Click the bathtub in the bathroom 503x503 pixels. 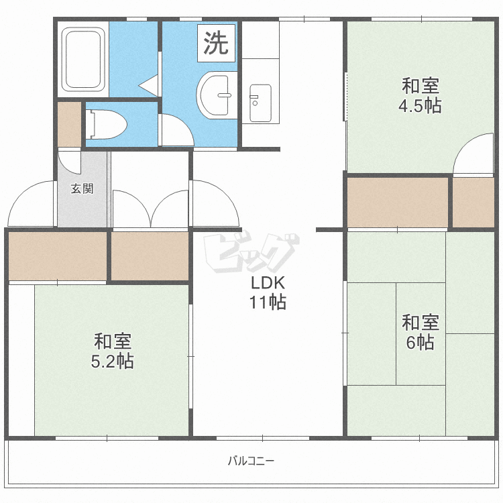(83, 59)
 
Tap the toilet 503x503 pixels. (106, 125)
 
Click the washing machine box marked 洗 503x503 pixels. (216, 43)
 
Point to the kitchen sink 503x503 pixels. (260, 103)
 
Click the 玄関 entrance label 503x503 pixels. (82, 188)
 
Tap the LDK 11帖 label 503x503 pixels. (268, 292)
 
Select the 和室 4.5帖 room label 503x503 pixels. (421, 96)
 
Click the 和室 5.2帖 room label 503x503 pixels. (113, 351)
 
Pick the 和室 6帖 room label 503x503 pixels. (421, 332)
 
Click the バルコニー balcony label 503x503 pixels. (251, 461)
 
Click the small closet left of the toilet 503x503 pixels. (69, 124)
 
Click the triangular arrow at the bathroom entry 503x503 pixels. (148, 85)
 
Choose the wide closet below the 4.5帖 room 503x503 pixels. (398, 202)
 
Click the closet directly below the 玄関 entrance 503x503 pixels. (58, 256)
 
